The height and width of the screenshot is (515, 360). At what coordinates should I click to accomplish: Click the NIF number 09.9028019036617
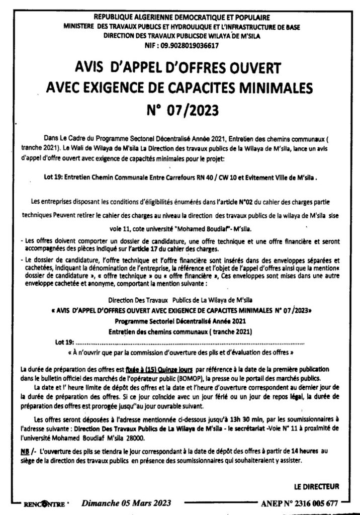click(190, 45)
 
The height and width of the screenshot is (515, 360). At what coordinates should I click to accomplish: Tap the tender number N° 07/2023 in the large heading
click(180, 109)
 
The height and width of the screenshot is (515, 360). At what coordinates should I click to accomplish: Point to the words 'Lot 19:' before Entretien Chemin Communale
click(54, 178)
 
